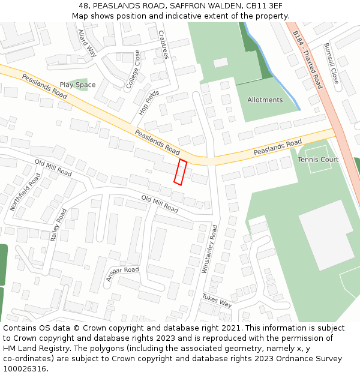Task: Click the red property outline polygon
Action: click(180, 172)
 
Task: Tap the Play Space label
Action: click(77, 85)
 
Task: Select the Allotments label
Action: click(265, 100)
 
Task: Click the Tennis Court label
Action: click(318, 160)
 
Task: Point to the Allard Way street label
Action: click(87, 43)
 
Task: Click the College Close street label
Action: click(133, 70)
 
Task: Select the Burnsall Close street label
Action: click(331, 63)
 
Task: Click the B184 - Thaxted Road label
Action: click(308, 61)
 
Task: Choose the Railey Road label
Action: click(59, 225)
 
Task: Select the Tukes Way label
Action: click(217, 300)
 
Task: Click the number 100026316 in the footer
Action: click(25, 368)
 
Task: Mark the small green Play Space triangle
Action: click(77, 84)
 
